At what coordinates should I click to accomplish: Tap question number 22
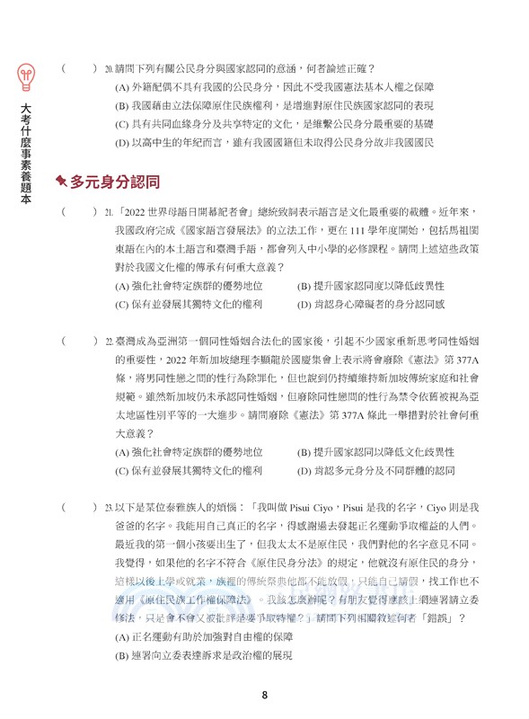click(109, 342)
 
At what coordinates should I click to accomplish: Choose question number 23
click(109, 508)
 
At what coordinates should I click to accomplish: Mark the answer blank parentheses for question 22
click(79, 342)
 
